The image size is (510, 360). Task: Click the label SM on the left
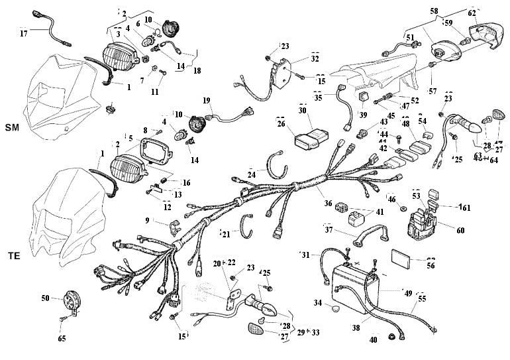click(12, 127)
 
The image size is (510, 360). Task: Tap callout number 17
click(24, 32)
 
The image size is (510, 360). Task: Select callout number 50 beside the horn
click(46, 299)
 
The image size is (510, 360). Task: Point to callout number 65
click(62, 339)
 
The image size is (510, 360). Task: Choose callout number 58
click(434, 11)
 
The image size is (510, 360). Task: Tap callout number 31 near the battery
click(305, 255)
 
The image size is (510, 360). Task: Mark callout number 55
click(423, 299)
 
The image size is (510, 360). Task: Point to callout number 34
click(318, 302)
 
